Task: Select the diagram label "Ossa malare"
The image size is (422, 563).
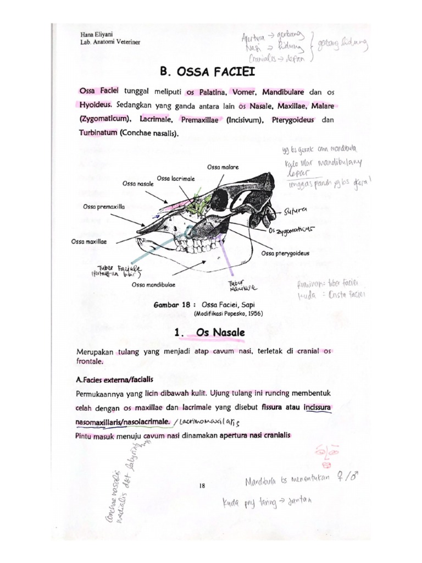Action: tap(223, 166)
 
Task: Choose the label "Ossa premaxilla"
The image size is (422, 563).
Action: tap(104, 207)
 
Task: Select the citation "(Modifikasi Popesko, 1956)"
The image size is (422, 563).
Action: tap(228, 313)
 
